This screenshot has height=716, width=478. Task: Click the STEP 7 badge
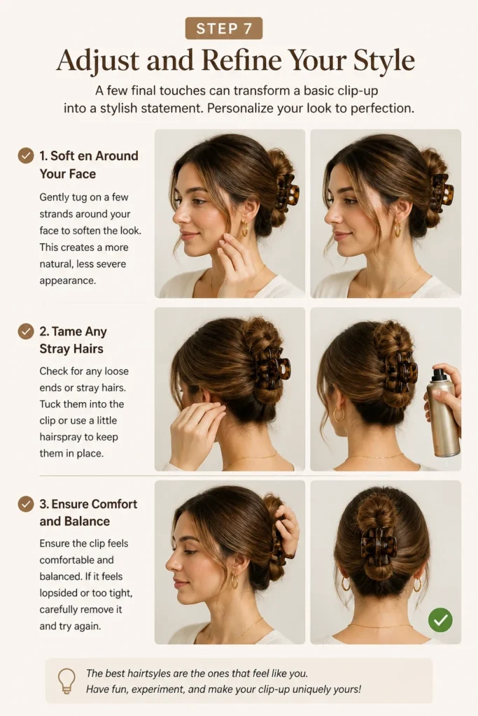224,28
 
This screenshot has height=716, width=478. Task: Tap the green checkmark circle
440,620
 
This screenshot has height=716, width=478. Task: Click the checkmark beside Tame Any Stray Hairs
26,331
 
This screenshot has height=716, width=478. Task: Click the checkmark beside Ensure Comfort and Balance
26,504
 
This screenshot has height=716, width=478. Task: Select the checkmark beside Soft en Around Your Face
26,156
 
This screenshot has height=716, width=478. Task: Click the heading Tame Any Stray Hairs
73,341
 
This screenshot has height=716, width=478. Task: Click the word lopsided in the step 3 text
59,593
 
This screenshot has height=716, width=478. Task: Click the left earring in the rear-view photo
346,584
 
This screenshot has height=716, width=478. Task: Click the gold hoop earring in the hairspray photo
338,415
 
